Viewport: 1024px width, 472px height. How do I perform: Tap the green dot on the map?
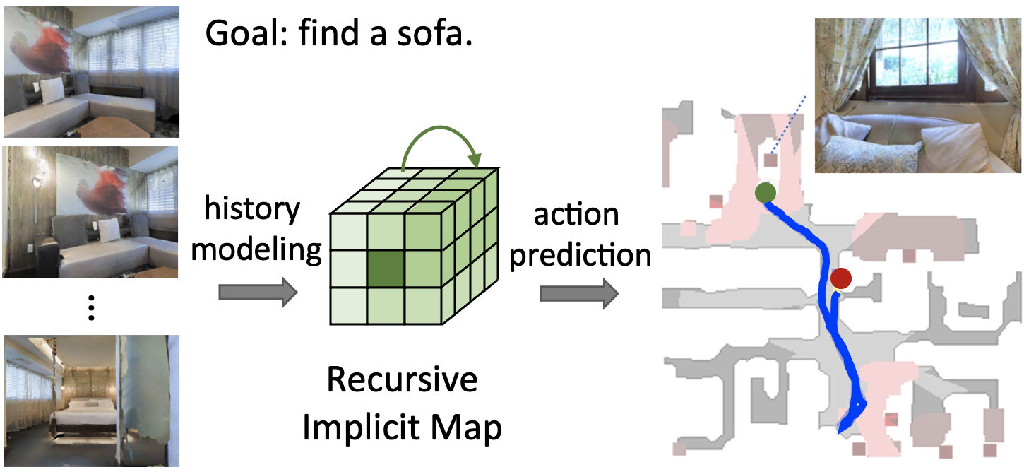763,192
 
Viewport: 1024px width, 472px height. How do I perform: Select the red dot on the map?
840,278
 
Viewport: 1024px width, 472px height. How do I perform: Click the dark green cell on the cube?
386,269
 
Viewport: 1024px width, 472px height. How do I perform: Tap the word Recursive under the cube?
402,381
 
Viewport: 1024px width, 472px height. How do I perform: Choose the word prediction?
581,254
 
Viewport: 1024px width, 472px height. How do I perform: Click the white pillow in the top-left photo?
52,91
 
